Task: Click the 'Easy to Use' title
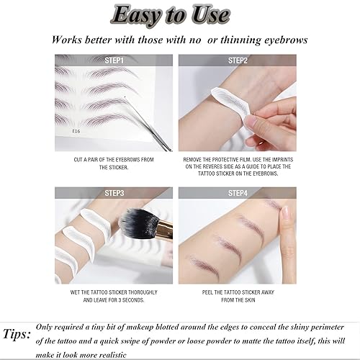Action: (x=179, y=15)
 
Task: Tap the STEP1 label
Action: (x=114, y=60)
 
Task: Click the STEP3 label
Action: (x=114, y=193)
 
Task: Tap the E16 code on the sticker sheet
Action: (x=76, y=131)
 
